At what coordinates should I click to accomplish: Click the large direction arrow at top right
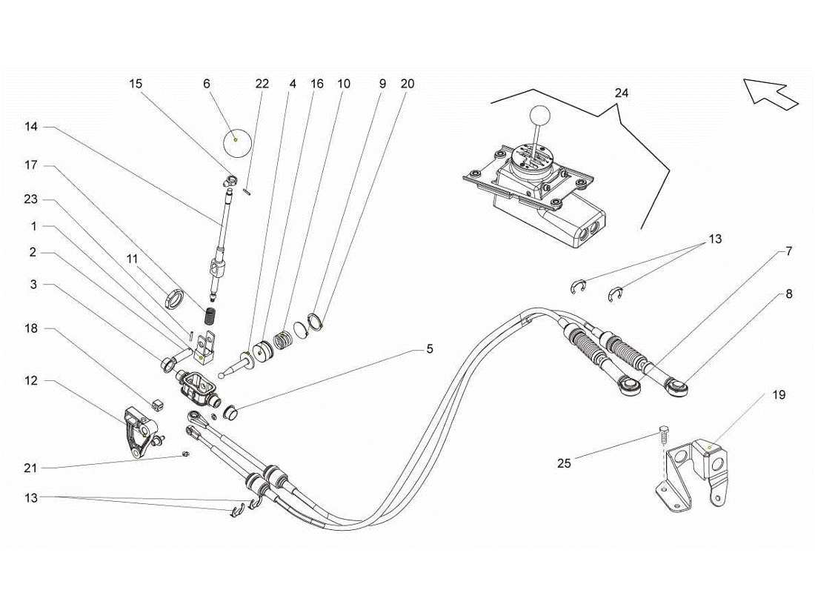click(771, 94)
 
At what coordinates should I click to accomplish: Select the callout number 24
click(621, 93)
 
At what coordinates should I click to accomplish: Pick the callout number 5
click(430, 348)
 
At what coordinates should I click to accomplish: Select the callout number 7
click(789, 252)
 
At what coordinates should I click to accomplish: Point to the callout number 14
click(30, 127)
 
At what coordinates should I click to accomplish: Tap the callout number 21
click(30, 468)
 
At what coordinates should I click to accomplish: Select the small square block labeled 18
click(156, 403)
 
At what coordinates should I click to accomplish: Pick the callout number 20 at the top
click(408, 84)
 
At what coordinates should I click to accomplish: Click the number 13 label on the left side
click(30, 497)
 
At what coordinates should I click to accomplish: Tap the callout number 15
click(135, 84)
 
